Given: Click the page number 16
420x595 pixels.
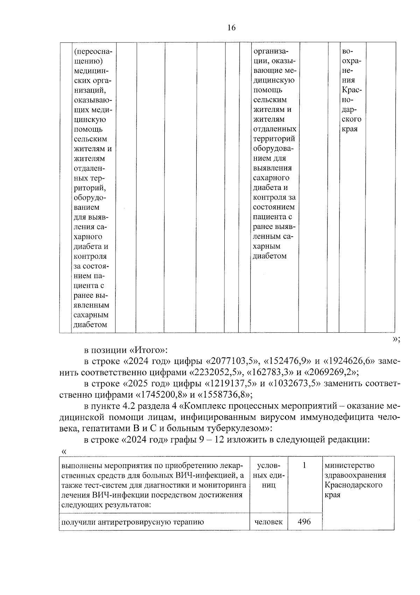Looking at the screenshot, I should coord(231,28).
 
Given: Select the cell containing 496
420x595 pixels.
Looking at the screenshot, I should coord(304,522).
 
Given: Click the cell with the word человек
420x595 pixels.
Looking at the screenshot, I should coord(268,522).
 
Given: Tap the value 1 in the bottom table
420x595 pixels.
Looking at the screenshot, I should coord(304,466).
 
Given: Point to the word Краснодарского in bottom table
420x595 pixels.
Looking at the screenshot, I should coord(353,485).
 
